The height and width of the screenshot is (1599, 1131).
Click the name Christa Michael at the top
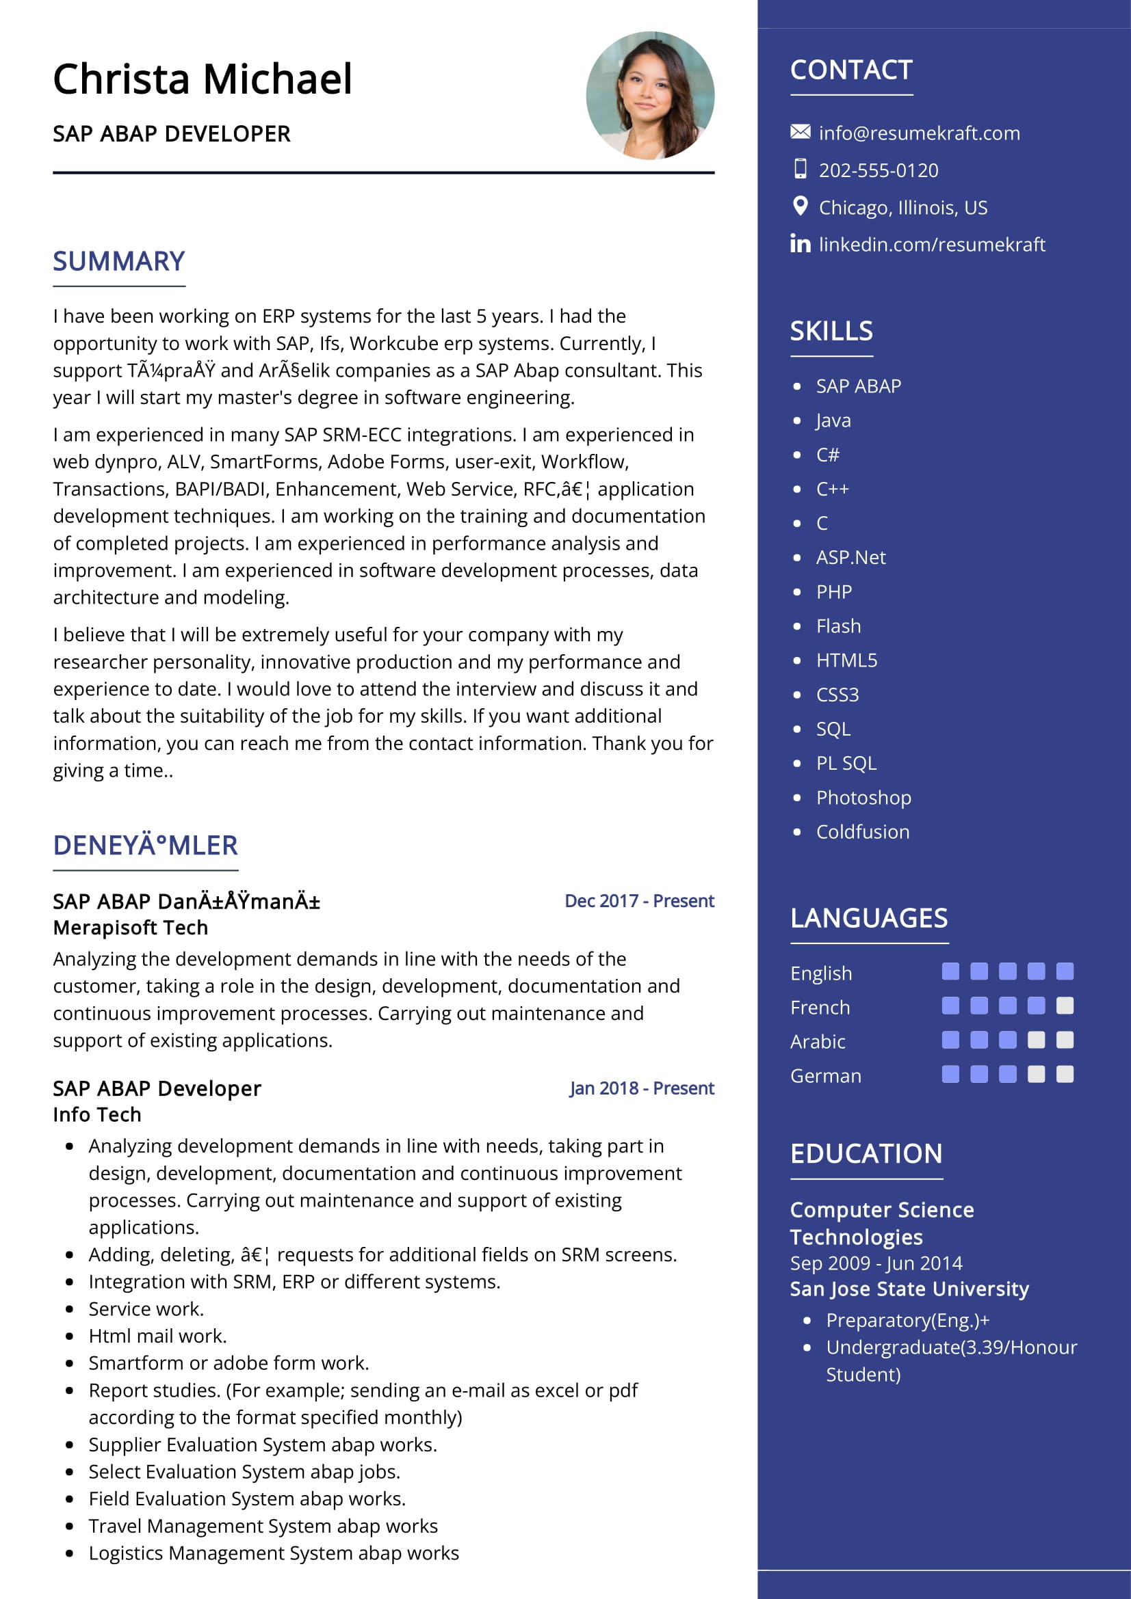202,79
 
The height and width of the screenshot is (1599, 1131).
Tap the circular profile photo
649,96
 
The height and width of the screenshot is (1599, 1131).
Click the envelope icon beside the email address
800,132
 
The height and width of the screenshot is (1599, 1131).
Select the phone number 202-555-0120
878,170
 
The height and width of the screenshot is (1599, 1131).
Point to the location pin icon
800,206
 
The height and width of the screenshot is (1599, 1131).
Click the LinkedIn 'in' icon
800,243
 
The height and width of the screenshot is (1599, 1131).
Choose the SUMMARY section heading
118,262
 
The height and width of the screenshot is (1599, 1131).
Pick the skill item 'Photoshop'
863,797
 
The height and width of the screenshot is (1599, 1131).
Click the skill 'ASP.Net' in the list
851,557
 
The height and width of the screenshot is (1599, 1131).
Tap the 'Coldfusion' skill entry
863,831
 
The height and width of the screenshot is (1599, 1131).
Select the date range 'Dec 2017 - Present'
639,901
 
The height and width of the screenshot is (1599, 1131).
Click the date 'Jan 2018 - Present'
641,1088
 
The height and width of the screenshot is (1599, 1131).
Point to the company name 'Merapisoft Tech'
130,928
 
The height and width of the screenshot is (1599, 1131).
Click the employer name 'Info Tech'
97,1114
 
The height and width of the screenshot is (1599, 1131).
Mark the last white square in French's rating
1064,1006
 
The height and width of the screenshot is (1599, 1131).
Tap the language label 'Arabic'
818,1042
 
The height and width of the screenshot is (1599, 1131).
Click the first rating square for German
950,1075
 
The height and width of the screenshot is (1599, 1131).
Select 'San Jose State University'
909,1289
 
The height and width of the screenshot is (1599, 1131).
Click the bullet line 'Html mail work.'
157,1336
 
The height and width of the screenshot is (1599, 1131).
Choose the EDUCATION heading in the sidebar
866,1154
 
